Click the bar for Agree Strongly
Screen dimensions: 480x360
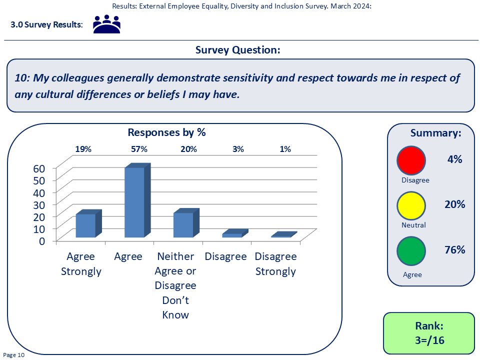point(88,224)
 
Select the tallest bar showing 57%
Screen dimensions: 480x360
point(137,200)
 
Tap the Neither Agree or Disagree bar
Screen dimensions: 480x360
point(186,223)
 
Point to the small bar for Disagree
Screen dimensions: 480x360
point(235,233)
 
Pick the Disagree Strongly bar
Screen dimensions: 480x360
point(284,234)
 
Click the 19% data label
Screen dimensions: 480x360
point(83,149)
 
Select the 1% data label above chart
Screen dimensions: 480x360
point(285,149)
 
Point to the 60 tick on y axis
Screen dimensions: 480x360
point(39,168)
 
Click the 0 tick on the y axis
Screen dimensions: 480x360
point(42,241)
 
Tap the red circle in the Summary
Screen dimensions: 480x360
point(411,160)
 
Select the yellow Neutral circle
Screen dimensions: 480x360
point(411,205)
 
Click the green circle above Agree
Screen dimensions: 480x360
point(411,251)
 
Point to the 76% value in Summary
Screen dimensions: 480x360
point(455,250)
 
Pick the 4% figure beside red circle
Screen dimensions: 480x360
point(455,159)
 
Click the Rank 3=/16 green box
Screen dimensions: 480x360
point(429,333)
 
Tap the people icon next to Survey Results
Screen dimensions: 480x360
point(106,24)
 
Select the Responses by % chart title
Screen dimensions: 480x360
point(166,132)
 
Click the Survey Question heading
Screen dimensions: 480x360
point(238,50)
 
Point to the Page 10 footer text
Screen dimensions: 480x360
point(14,355)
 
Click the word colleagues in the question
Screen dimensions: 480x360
point(78,78)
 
